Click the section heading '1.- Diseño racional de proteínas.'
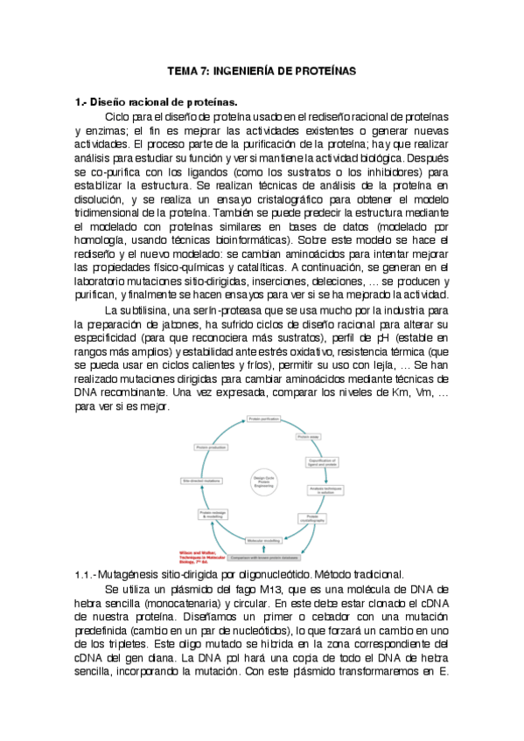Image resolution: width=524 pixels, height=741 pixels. (156, 102)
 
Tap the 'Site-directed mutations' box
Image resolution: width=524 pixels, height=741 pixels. (202, 481)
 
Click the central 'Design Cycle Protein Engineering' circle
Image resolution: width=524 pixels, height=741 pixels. (263, 481)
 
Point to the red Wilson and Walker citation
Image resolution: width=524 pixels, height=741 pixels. (198, 557)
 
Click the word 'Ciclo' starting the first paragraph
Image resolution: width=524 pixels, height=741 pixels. (119, 116)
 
